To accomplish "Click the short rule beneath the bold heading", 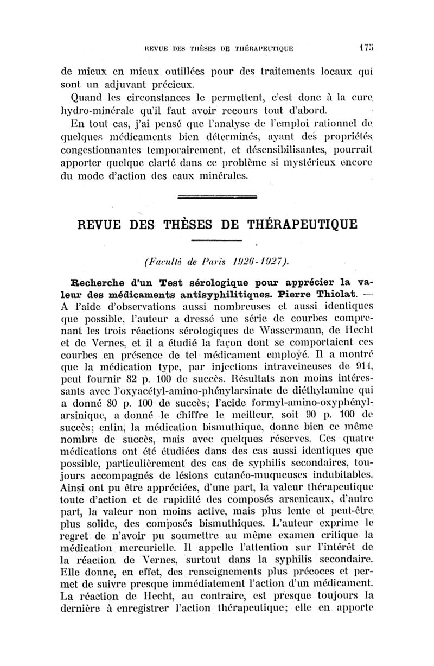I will click(216, 240).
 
